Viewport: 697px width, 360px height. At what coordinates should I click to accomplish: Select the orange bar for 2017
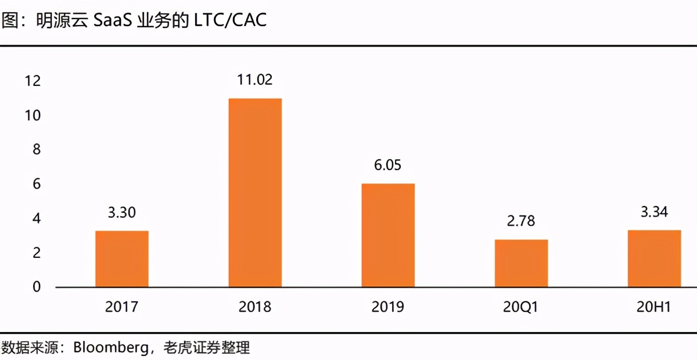point(122,259)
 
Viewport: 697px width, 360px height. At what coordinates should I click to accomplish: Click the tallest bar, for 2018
point(255,193)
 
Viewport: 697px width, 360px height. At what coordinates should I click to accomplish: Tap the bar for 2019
point(388,235)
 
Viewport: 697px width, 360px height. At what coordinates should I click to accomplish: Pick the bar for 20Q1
point(521,263)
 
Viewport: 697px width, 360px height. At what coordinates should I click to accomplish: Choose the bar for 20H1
point(654,258)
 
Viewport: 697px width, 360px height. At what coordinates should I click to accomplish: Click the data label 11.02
point(254,80)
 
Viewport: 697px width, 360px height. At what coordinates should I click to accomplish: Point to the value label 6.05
point(388,165)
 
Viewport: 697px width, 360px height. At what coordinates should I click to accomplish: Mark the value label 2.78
point(521,221)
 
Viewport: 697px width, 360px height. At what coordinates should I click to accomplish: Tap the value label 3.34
point(654,212)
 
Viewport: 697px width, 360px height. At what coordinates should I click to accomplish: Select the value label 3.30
point(122,213)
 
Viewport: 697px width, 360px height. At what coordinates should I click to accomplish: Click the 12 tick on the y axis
point(33,81)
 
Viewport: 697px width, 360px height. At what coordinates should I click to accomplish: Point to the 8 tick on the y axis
point(37,150)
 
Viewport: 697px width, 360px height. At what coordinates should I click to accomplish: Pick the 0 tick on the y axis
point(37,287)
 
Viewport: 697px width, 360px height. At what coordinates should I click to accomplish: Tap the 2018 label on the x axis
point(254,307)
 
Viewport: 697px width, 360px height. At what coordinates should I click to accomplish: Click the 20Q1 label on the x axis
point(521,307)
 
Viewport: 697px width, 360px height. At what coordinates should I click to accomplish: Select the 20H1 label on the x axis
point(654,307)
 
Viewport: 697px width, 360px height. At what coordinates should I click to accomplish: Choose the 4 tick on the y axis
point(37,218)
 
